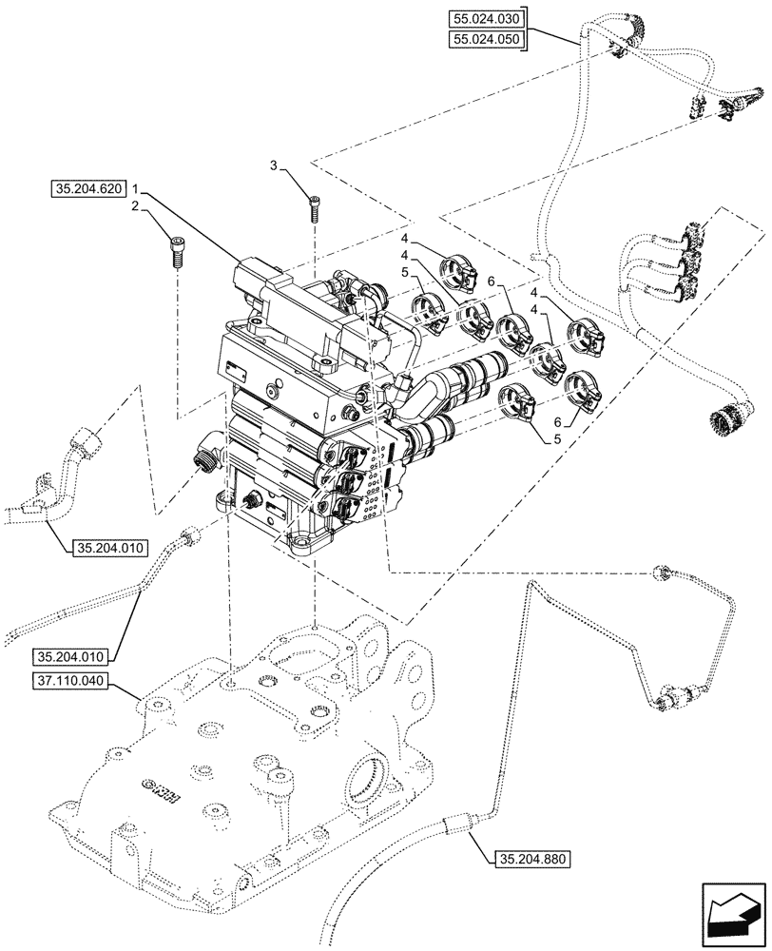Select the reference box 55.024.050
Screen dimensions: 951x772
click(x=488, y=39)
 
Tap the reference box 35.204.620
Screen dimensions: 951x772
click(x=89, y=189)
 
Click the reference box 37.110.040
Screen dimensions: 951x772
click(x=72, y=682)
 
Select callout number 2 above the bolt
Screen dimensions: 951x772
click(x=136, y=206)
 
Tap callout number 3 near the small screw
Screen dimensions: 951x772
click(x=274, y=166)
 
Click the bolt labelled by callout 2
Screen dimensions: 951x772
click(x=177, y=253)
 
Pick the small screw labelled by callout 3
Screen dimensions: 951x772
click(x=315, y=204)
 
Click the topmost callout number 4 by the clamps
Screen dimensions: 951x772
click(x=404, y=238)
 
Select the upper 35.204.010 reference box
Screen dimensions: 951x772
click(x=106, y=548)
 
